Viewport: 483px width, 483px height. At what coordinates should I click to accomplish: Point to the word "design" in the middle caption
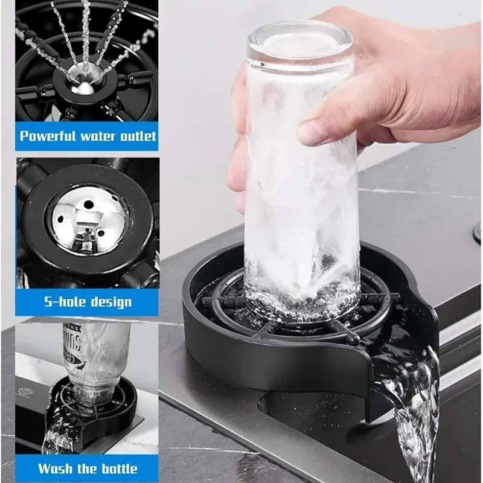pos(111,302)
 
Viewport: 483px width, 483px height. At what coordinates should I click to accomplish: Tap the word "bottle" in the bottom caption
pos(118,469)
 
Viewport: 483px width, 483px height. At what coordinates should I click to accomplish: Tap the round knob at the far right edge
pos(478,233)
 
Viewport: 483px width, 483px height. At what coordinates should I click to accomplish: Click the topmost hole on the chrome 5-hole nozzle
pos(89,203)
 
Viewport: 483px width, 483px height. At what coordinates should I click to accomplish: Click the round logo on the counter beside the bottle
pos(24,391)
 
